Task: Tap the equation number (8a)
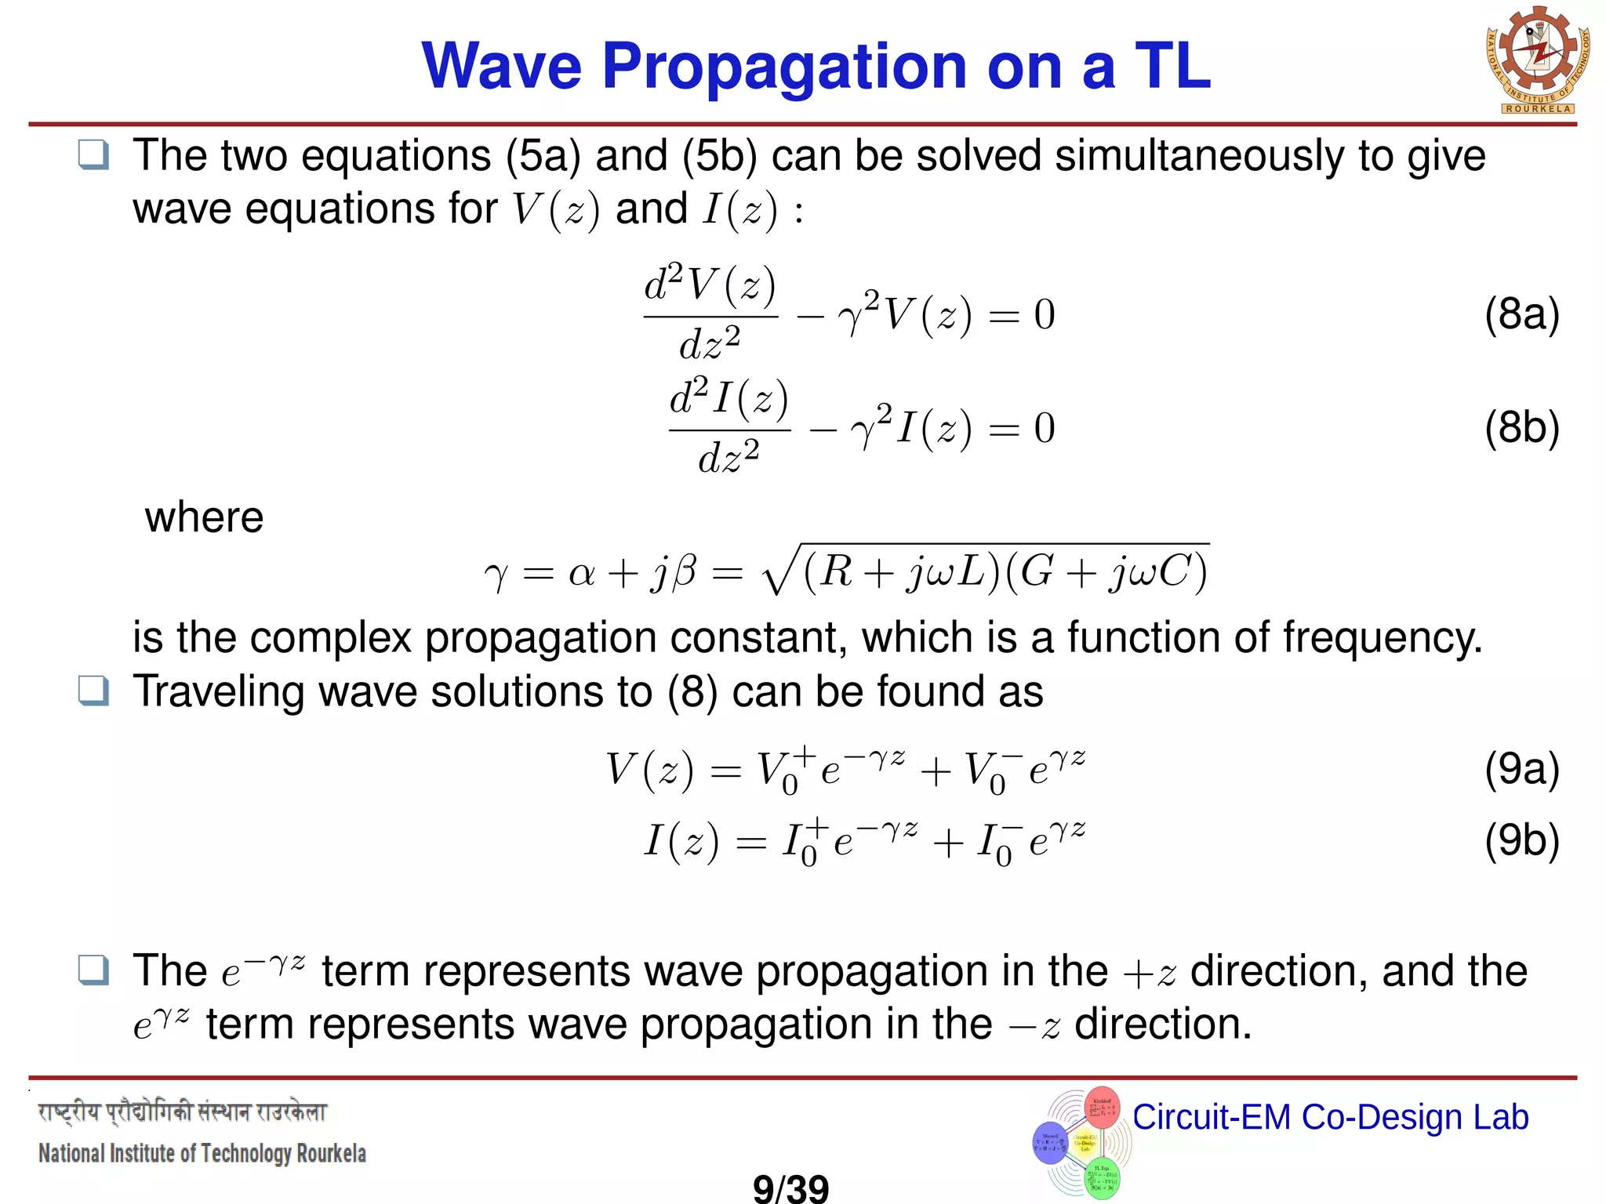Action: coord(1521,314)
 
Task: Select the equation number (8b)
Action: coord(1521,428)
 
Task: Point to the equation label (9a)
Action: coord(1521,769)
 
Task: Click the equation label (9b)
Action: coord(1521,840)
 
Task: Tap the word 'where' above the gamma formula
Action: coord(204,517)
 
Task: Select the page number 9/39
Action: coord(790,1188)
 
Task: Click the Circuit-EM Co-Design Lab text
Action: coord(1330,1117)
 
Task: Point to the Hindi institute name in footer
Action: coord(182,1112)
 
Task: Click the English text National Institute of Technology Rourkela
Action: coord(202,1154)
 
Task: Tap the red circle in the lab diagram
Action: coord(1102,1107)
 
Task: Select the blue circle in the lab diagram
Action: coord(1051,1143)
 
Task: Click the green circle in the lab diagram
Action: coord(1102,1177)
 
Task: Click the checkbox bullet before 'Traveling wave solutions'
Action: coord(93,691)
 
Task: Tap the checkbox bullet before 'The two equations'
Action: coord(93,155)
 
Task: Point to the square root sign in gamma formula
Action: coord(778,572)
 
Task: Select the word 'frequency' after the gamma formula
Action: coord(1380,637)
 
